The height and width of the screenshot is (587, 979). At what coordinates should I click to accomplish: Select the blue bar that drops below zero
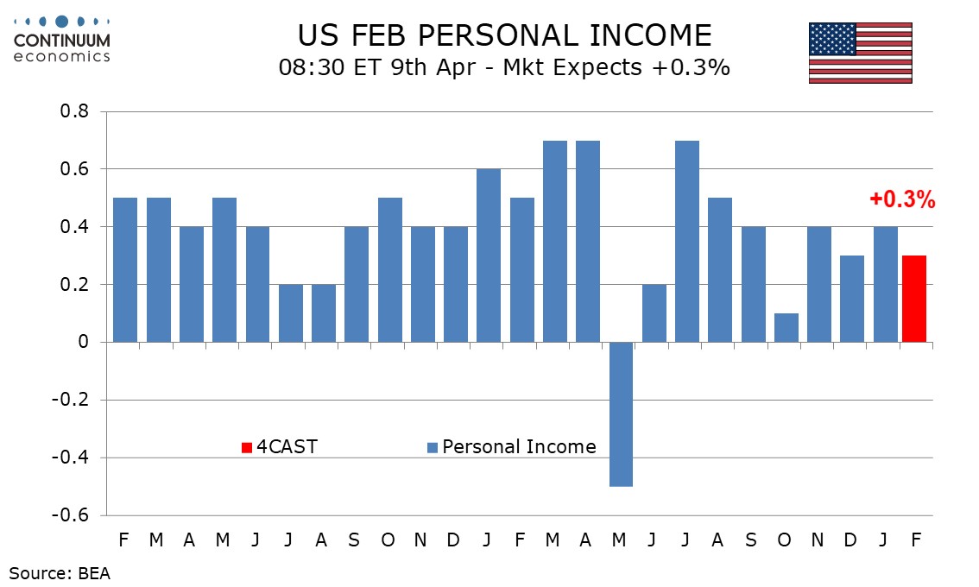[x=620, y=413]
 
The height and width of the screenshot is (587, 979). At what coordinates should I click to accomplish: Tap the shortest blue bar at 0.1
[x=786, y=327]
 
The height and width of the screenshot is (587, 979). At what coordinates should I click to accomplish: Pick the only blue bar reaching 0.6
[x=488, y=256]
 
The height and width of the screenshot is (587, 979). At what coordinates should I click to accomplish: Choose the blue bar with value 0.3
[x=852, y=299]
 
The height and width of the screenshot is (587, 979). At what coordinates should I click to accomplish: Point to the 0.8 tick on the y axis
[x=75, y=112]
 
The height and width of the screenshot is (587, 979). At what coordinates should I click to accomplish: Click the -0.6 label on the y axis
[x=73, y=515]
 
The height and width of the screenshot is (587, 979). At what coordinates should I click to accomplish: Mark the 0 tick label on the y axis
[x=84, y=343]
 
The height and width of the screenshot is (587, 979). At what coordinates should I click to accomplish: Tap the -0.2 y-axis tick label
[x=73, y=401]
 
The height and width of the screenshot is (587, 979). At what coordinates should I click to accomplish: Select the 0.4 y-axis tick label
[x=75, y=227]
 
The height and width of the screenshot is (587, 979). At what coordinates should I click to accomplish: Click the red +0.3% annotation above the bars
[x=902, y=200]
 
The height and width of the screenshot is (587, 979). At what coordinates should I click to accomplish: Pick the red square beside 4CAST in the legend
[x=246, y=447]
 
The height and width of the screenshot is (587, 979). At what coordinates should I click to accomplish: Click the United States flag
[x=860, y=53]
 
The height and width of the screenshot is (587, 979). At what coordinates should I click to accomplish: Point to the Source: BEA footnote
[x=60, y=571]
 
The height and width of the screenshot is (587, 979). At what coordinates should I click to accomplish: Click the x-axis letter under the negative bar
[x=620, y=540]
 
